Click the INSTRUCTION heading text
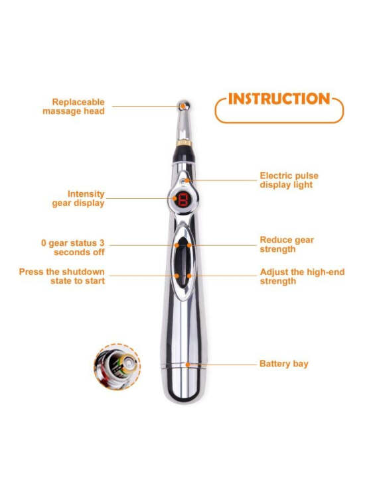(x=279, y=99)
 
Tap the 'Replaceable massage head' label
(x=74, y=107)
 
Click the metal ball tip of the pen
(x=184, y=105)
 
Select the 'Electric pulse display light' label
(x=289, y=180)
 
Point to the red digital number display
(x=183, y=199)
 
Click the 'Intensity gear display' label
(x=78, y=198)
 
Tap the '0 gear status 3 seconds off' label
(x=73, y=248)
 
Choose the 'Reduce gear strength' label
(x=287, y=245)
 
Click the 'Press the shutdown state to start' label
(x=62, y=276)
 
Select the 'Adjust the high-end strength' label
(x=302, y=276)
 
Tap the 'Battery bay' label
(x=284, y=364)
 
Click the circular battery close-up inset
(x=117, y=367)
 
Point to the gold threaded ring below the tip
(x=184, y=142)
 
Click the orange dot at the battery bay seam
(x=188, y=365)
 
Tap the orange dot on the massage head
(x=183, y=105)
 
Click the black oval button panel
(x=183, y=263)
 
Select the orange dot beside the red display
(x=175, y=198)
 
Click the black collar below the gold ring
(x=184, y=154)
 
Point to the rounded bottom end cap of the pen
(x=184, y=385)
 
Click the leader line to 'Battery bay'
(x=223, y=364)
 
